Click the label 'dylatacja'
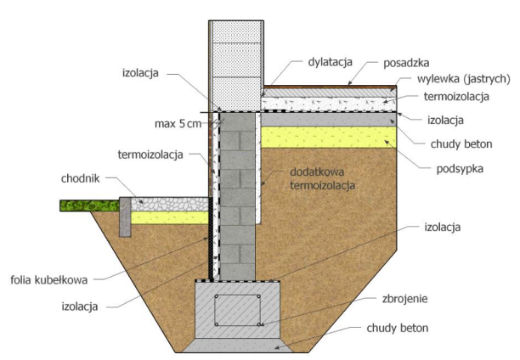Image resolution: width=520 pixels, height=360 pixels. pyautogui.click(x=330, y=62)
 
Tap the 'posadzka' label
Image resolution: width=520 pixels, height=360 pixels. pyautogui.click(x=406, y=63)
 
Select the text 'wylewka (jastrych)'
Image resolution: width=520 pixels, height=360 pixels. pyautogui.click(x=463, y=79)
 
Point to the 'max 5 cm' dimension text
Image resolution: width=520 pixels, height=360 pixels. pyautogui.click(x=178, y=124)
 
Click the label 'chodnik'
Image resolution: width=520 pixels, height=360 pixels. pyautogui.click(x=80, y=178)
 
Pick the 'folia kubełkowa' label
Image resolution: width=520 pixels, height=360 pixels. pyautogui.click(x=49, y=280)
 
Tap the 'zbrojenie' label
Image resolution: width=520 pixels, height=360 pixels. pyautogui.click(x=404, y=299)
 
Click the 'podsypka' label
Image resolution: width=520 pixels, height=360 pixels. pyautogui.click(x=460, y=169)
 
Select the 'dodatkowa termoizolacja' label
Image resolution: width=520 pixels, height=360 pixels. pyautogui.click(x=322, y=178)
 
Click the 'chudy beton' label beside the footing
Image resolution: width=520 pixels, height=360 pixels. pyautogui.click(x=398, y=328)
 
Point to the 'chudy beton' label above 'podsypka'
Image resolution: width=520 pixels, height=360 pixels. pyautogui.click(x=461, y=144)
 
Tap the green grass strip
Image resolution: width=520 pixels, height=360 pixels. pyautogui.click(x=89, y=205)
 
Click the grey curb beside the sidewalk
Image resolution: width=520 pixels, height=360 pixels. pyautogui.click(x=125, y=217)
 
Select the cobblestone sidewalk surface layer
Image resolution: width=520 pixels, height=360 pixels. pyautogui.click(x=170, y=205)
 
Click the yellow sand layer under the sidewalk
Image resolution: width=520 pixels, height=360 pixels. pyautogui.click(x=170, y=218)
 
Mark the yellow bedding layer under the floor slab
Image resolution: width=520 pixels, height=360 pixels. pyautogui.click(x=329, y=137)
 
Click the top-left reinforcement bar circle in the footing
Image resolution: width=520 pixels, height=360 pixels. pyautogui.click(x=216, y=296)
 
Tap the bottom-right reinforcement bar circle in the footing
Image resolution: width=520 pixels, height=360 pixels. pyautogui.click(x=258, y=324)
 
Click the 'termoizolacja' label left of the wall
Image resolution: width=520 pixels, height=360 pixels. pyautogui.click(x=150, y=155)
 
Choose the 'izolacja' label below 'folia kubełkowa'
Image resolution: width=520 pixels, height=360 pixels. pyautogui.click(x=80, y=307)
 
